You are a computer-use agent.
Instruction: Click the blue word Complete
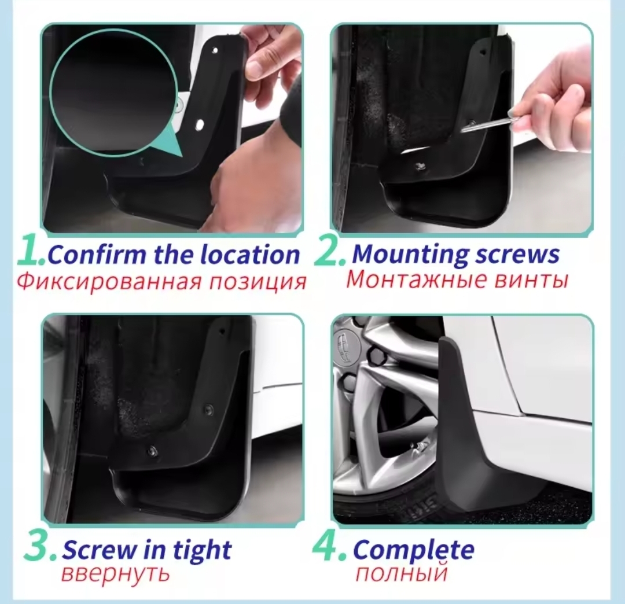(413, 550)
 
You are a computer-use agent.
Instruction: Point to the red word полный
(402, 574)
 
